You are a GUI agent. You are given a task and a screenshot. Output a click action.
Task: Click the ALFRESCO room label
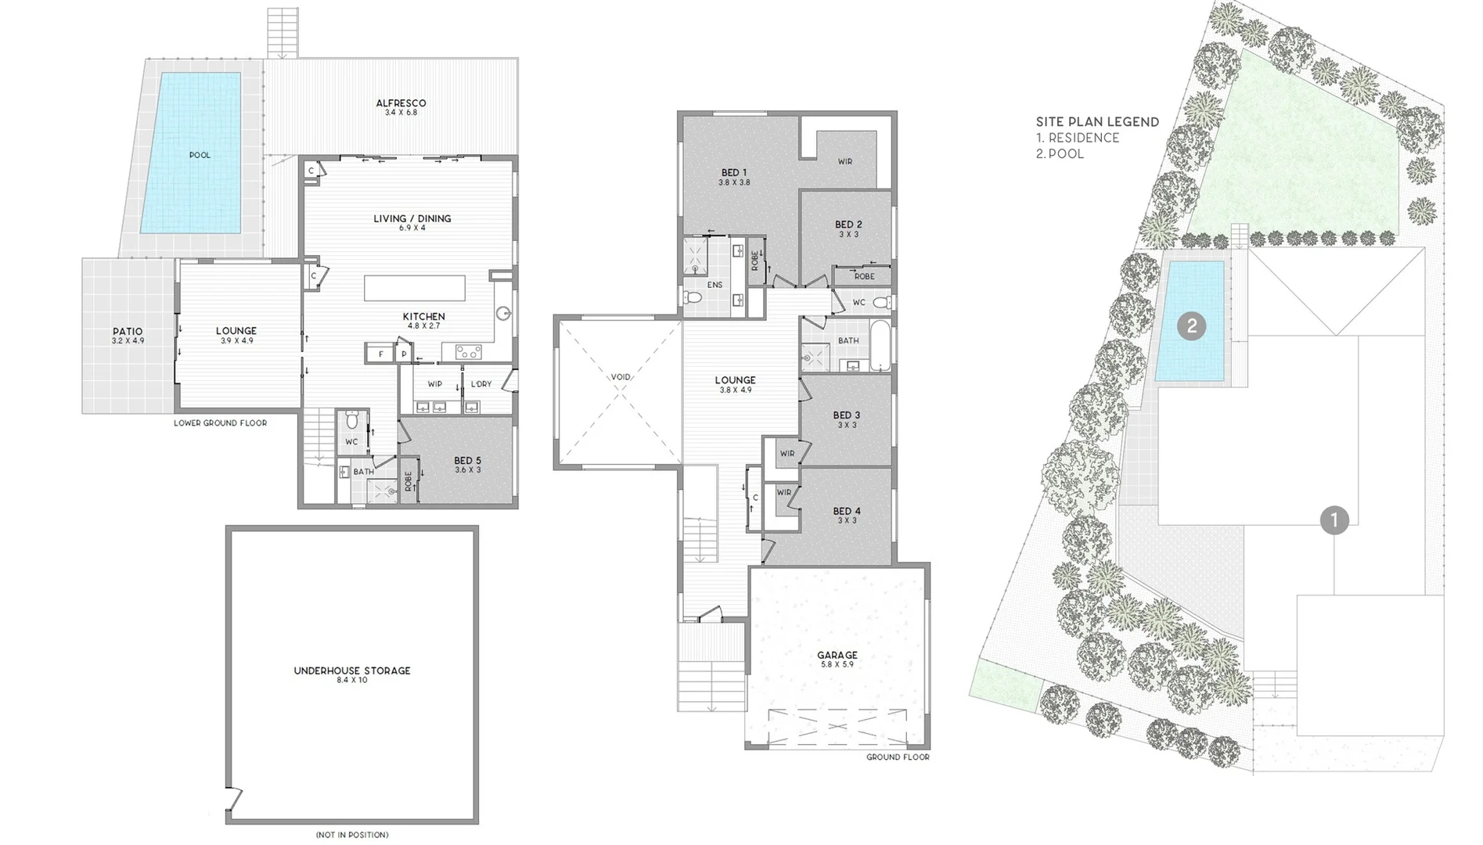(401, 103)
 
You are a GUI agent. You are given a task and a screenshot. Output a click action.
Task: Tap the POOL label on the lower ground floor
(200, 155)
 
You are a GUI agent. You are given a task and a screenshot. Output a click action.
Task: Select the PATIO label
(128, 332)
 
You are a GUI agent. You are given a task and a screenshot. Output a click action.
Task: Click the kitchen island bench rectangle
(414, 287)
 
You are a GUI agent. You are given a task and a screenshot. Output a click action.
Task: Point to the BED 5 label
(467, 461)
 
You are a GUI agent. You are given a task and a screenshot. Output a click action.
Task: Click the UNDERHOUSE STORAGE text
(351, 671)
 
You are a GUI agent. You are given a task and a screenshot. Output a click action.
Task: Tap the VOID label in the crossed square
(620, 377)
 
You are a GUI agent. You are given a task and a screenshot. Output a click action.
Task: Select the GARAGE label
(837, 656)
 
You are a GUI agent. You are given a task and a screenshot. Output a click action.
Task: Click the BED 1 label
(734, 173)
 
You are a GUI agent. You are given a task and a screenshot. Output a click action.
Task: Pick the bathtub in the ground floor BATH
(880, 345)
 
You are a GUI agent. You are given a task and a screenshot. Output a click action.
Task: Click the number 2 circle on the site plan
(1191, 325)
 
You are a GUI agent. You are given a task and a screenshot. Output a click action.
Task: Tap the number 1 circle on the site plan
(1334, 520)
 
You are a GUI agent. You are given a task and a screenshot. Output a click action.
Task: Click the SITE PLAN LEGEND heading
(1097, 122)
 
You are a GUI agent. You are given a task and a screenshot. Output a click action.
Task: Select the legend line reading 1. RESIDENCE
(1078, 138)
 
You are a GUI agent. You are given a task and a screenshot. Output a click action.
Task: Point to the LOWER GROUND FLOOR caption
(220, 423)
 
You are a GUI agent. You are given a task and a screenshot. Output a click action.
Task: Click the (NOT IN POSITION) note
(351, 835)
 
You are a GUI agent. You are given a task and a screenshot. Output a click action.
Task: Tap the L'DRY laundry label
(481, 384)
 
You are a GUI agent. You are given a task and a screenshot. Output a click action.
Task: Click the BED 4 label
(846, 512)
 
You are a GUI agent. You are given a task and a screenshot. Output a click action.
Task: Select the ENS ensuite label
(714, 285)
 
